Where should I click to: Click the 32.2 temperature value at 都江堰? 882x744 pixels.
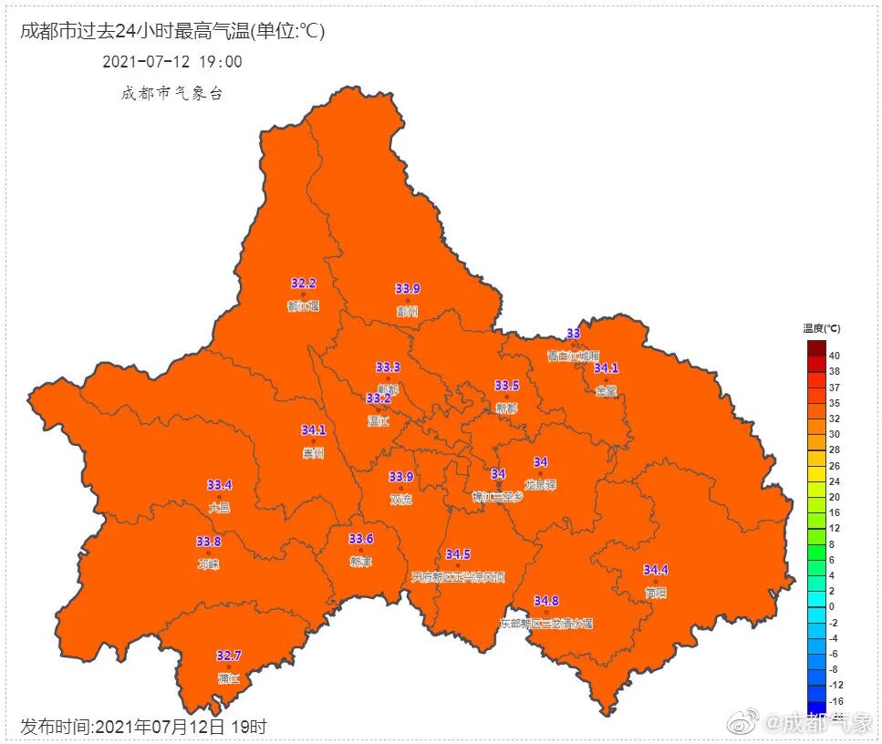[303, 284]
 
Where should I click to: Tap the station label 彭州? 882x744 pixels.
[407, 311]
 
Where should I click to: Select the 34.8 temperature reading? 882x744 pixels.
[546, 601]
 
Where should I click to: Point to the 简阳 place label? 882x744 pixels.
[655, 592]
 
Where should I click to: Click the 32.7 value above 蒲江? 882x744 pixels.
[229, 656]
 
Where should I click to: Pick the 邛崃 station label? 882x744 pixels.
[208, 563]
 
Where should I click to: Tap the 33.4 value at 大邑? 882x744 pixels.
[219, 485]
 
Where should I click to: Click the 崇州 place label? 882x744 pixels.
[313, 453]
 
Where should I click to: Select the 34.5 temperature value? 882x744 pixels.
[458, 554]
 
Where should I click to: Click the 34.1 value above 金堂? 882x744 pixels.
[606, 368]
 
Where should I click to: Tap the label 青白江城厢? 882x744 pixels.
[573, 356]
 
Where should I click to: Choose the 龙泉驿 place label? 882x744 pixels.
[540, 485]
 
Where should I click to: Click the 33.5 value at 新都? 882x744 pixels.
[506, 386]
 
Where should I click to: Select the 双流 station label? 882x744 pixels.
[400, 500]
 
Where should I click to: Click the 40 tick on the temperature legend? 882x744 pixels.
[835, 356]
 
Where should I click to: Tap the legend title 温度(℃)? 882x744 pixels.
[821, 328]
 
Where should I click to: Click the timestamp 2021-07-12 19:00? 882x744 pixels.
[172, 62]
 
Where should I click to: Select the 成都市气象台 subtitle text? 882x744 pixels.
[171, 93]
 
